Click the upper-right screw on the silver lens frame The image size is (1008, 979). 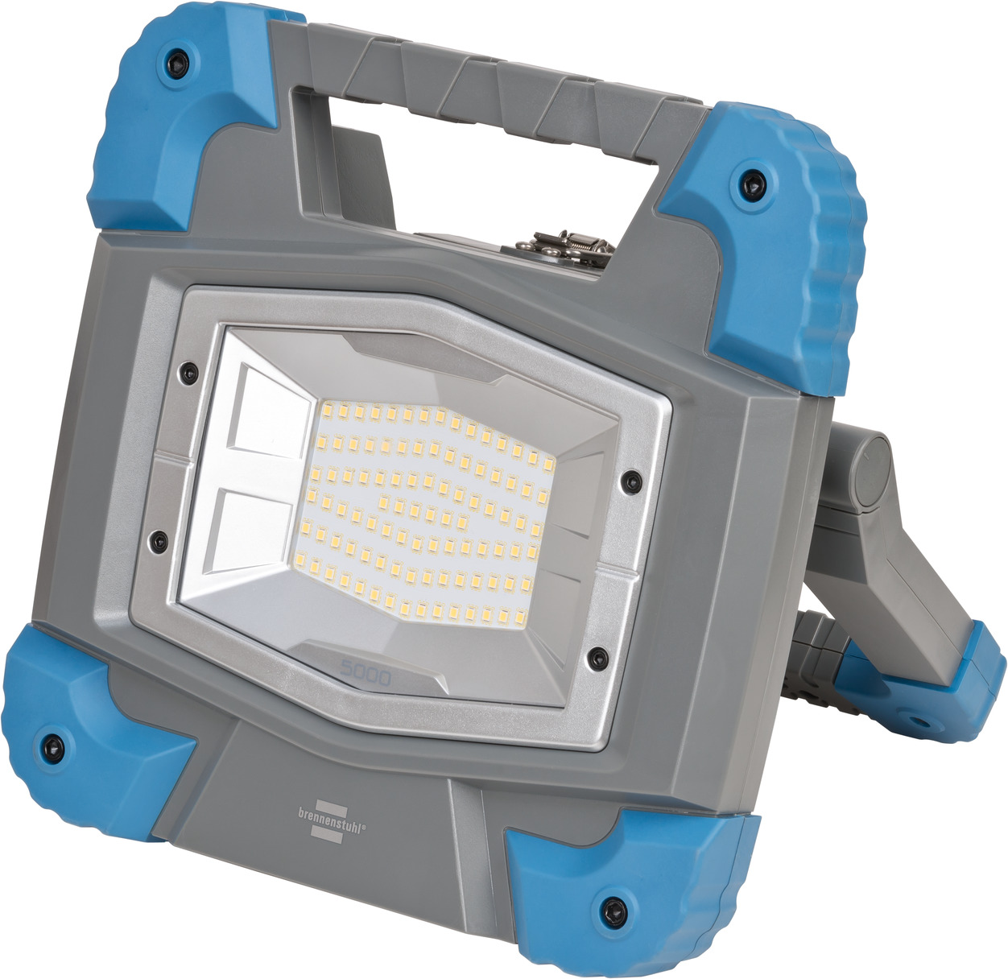[x=628, y=481]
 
